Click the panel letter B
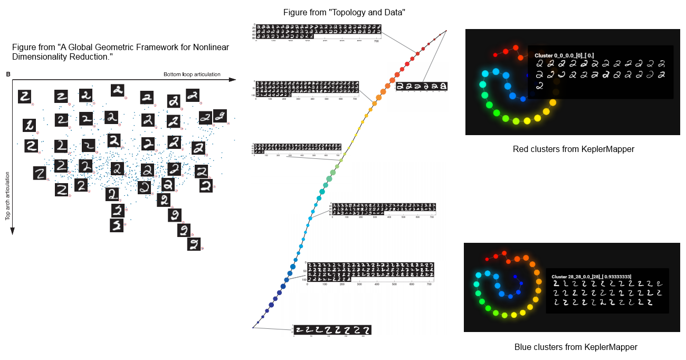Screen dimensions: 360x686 pyautogui.click(x=7, y=74)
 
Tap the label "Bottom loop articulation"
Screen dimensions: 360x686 pyautogui.click(x=192, y=74)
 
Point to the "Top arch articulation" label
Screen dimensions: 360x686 pyautogui.click(x=8, y=195)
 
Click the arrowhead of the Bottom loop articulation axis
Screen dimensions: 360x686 pyautogui.click(x=233, y=80)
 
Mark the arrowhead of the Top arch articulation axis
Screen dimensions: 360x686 pyautogui.click(x=12, y=231)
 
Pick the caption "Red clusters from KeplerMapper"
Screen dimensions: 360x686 pyautogui.click(x=573, y=149)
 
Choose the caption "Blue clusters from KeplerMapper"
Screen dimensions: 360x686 pyautogui.click(x=576, y=347)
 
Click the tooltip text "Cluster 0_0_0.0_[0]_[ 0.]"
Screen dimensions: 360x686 pyautogui.click(x=564, y=55)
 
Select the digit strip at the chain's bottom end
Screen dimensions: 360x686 pyautogui.click(x=332, y=330)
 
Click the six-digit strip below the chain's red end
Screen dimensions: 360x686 pyautogui.click(x=422, y=86)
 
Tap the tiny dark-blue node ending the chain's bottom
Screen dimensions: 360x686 pyautogui.click(x=253, y=327)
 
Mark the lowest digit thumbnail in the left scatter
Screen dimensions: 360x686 pyautogui.click(x=194, y=244)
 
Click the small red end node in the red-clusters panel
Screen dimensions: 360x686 pyautogui.click(x=496, y=54)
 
